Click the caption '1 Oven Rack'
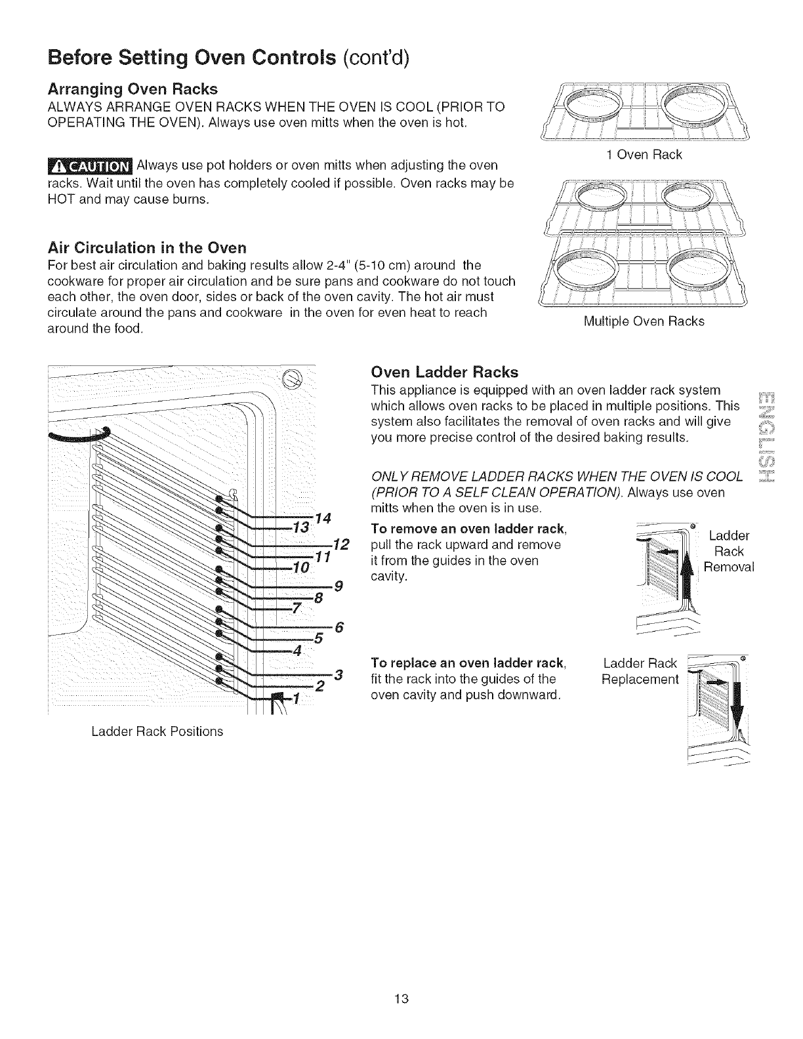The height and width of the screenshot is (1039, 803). pos(644,155)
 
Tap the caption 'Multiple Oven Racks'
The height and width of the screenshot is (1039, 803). pos(644,321)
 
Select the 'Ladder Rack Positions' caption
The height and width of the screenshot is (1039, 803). pos(157,731)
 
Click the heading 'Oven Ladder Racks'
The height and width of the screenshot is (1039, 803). pos(444,373)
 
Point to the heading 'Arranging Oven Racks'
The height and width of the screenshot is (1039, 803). pos(133,89)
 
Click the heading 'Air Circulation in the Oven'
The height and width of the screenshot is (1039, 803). pos(147,248)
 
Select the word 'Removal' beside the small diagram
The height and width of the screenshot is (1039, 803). pos(728,566)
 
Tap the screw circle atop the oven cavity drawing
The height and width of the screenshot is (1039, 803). pos(291,377)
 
